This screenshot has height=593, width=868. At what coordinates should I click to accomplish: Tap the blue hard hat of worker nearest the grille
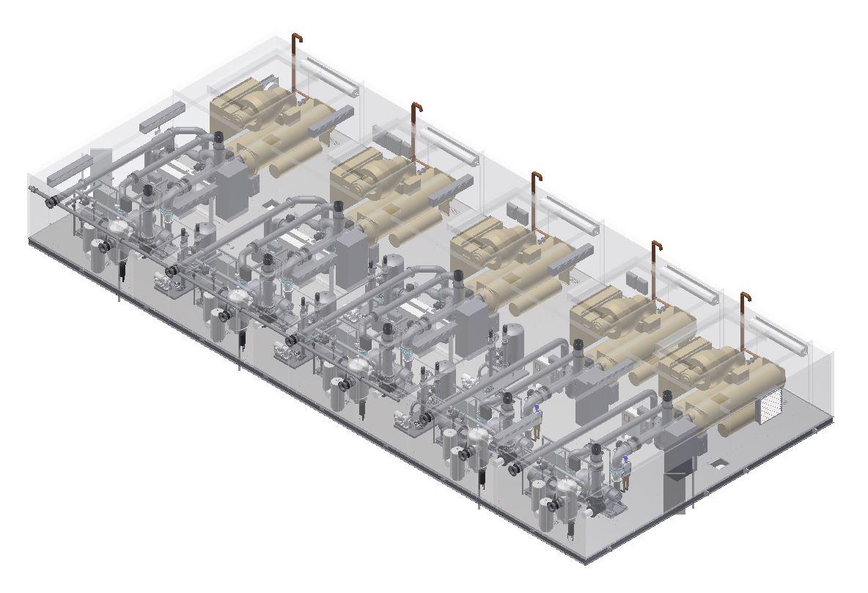pyautogui.click(x=625, y=459)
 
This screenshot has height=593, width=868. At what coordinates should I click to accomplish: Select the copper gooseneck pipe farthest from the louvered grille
pyautogui.click(x=295, y=62)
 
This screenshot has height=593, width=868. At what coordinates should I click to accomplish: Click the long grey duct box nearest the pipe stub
pyautogui.click(x=70, y=170)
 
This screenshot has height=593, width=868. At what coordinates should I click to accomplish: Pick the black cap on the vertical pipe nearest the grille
pyautogui.click(x=668, y=399)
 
